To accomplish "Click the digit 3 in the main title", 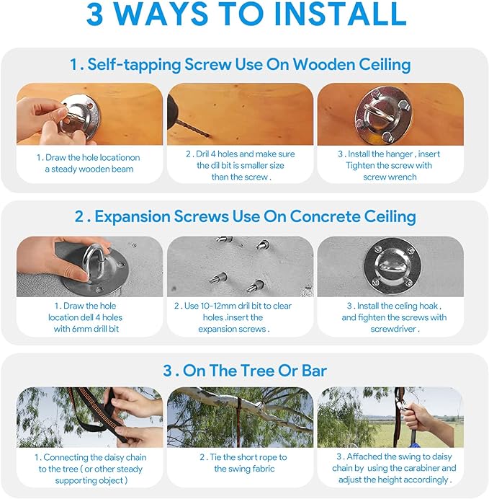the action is [x=94, y=14].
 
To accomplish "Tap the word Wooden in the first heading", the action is [x=323, y=65].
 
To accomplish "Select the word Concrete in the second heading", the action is [x=325, y=217].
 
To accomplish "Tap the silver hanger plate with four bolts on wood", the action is [x=383, y=114].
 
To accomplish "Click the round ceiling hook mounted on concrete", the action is [x=392, y=265].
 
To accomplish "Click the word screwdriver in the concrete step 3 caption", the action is [x=393, y=329].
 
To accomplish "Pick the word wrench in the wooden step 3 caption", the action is [x=403, y=177].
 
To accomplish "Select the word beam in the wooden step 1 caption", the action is [x=122, y=169].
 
